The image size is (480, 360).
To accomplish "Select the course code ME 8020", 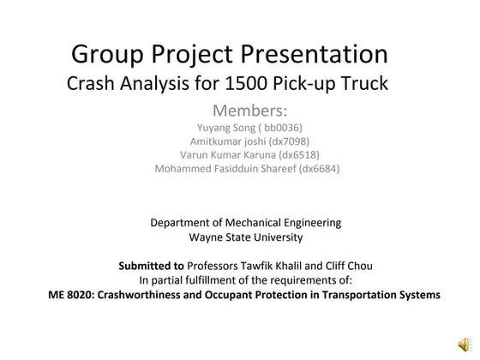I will click(73, 294).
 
